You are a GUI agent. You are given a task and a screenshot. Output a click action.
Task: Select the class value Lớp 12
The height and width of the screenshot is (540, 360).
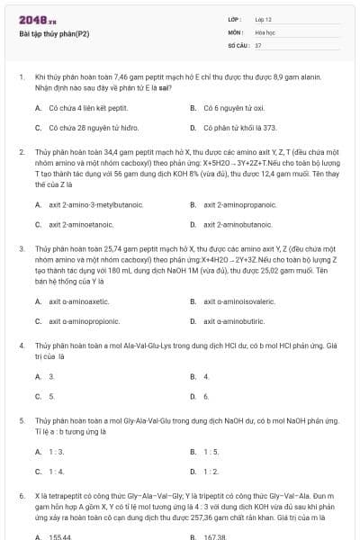pos(264,18)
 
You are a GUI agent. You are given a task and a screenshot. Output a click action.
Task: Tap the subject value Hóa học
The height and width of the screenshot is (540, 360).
pos(265,31)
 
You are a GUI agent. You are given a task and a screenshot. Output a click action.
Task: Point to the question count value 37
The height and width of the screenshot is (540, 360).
pos(258,44)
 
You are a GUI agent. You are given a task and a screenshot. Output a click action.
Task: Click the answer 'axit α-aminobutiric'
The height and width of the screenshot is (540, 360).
pos(234,320)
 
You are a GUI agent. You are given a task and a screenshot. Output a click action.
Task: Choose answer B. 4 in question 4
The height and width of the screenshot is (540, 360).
pos(206,376)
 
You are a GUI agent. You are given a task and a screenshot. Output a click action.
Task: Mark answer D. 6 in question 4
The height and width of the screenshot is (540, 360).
pos(206,396)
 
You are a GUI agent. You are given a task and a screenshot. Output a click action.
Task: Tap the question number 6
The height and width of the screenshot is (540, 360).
pos(21,496)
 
